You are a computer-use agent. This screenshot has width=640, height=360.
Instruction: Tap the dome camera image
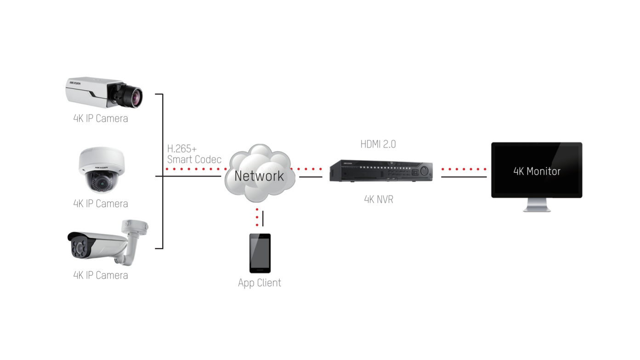pyautogui.click(x=101, y=170)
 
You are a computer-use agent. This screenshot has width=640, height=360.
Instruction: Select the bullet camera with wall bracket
pyautogui.click(x=108, y=242)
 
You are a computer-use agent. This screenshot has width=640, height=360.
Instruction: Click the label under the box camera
pyautogui.click(x=101, y=119)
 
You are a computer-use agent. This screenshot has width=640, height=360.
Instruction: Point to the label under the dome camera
pyautogui.click(x=101, y=204)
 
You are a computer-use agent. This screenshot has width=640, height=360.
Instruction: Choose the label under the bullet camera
pyautogui.click(x=101, y=275)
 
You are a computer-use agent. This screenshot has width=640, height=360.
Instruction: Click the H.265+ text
pyautogui.click(x=182, y=149)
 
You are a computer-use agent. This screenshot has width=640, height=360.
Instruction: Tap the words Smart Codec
pyautogui.click(x=194, y=160)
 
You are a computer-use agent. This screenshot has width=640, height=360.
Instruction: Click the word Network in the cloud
pyautogui.click(x=259, y=176)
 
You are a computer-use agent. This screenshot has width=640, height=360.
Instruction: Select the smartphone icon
pyautogui.click(x=260, y=253)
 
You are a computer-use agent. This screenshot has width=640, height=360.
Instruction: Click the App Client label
pyautogui.click(x=260, y=283)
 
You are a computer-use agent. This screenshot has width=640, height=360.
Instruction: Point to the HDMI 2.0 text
pyautogui.click(x=378, y=144)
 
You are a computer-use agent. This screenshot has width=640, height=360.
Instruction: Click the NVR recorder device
pyautogui.click(x=381, y=171)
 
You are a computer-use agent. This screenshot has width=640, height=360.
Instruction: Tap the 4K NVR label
pyautogui.click(x=379, y=200)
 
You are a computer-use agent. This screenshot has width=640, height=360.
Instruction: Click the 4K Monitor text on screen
pyautogui.click(x=537, y=171)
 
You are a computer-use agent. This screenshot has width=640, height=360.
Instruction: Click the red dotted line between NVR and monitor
pyautogui.click(x=464, y=169)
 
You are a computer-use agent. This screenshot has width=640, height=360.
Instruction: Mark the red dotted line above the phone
pyautogui.click(x=257, y=217)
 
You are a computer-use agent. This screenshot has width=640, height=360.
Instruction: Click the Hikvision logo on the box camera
pyautogui.click(x=75, y=83)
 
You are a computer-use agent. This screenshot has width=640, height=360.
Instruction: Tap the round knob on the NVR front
pyautogui.click(x=424, y=171)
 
